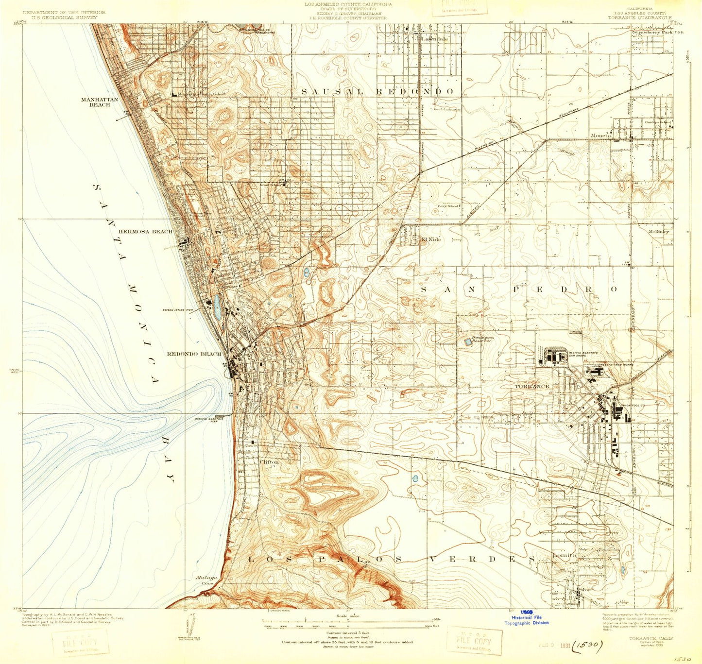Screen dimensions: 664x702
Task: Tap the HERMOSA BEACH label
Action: pyautogui.click(x=145, y=232)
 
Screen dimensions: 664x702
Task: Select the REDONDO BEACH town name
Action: pyautogui.click(x=194, y=354)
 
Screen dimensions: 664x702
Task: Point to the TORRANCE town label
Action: pyautogui.click(x=531, y=387)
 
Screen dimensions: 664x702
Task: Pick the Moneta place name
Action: pyautogui.click(x=600, y=136)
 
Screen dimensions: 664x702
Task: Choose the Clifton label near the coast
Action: pyautogui.click(x=270, y=462)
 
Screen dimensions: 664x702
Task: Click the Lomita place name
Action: pyautogui.click(x=564, y=555)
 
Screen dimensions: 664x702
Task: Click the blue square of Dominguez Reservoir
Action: pyautogui.click(x=468, y=342)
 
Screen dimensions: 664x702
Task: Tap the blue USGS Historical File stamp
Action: pyautogui.click(x=526, y=617)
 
